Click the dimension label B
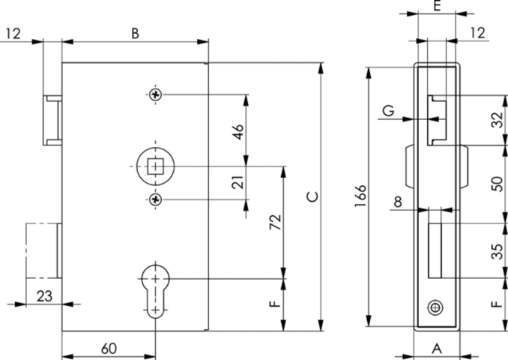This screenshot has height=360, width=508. (135, 33)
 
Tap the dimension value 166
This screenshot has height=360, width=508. (360, 197)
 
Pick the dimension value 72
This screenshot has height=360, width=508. (274, 223)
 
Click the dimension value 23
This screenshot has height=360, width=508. (44, 296)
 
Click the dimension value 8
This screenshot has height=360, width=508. (397, 202)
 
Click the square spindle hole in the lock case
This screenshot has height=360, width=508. (155, 166)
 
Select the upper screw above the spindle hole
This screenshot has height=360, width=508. (155, 94)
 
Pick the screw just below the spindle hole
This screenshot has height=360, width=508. (155, 199)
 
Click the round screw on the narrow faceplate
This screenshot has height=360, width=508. (435, 307)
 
